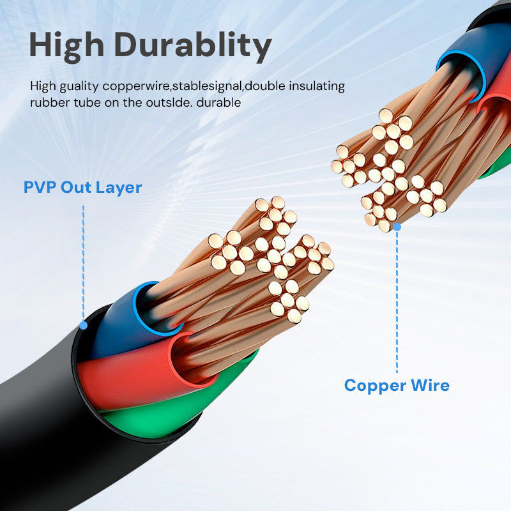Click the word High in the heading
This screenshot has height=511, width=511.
pyautogui.click(x=66, y=45)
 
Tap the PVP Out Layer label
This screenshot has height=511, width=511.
pyautogui.click(x=82, y=187)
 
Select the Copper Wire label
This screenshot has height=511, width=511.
pyautogui.click(x=397, y=386)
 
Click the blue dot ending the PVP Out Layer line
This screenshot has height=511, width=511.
pyautogui.click(x=83, y=325)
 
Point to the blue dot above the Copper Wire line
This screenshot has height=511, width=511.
pyautogui.click(x=397, y=227)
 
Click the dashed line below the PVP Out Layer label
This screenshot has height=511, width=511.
pyautogui.click(x=83, y=256)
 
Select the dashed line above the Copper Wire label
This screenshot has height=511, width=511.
pyautogui.click(x=397, y=300)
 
